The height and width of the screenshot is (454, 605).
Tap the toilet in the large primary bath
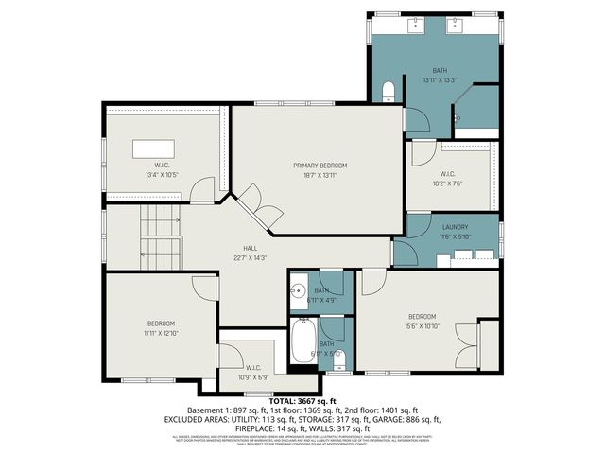[389, 92]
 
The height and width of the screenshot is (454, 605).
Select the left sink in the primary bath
[415, 25]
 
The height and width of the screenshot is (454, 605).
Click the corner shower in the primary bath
[477, 106]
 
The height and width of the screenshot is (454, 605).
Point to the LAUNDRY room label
[455, 227]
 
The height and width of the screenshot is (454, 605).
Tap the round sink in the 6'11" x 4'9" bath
[299, 291]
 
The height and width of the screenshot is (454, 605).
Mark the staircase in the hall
[159, 236]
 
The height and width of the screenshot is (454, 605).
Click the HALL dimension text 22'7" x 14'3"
[251, 257]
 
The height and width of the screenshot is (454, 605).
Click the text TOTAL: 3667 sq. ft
[302, 401]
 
